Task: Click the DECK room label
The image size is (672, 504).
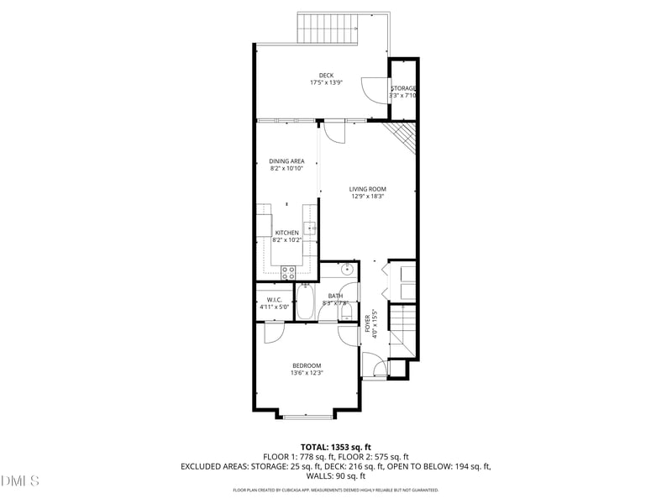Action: (326, 76)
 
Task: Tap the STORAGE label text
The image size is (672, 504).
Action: (403, 88)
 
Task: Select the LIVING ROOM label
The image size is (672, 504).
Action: (367, 189)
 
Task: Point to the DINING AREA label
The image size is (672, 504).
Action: (286, 161)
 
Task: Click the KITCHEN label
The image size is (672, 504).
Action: (286, 233)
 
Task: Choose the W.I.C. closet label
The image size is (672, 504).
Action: (274, 300)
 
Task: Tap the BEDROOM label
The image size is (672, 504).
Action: (307, 365)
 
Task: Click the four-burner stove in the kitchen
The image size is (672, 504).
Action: (287, 271)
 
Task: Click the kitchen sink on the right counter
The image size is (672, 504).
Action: (311, 228)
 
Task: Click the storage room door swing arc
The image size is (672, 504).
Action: (370, 87)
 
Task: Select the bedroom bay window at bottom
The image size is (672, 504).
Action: (307, 414)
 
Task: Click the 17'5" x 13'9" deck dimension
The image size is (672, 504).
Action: (326, 83)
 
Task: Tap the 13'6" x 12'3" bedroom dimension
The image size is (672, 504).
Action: (307, 373)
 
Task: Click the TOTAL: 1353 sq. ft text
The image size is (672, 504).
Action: (336, 447)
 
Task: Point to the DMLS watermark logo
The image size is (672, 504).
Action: (20, 481)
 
